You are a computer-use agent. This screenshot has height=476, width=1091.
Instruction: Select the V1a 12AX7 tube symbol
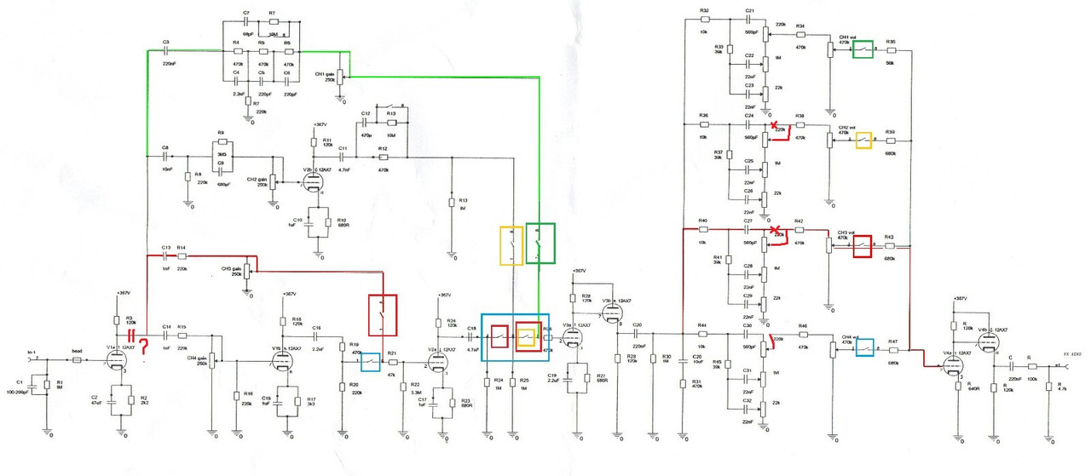[x=117, y=363]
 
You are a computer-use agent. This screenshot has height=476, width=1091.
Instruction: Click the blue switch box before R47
[x=864, y=345]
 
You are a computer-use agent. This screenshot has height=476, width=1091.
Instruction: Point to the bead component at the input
[x=76, y=360]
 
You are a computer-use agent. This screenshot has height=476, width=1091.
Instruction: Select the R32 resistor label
[x=704, y=10]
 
